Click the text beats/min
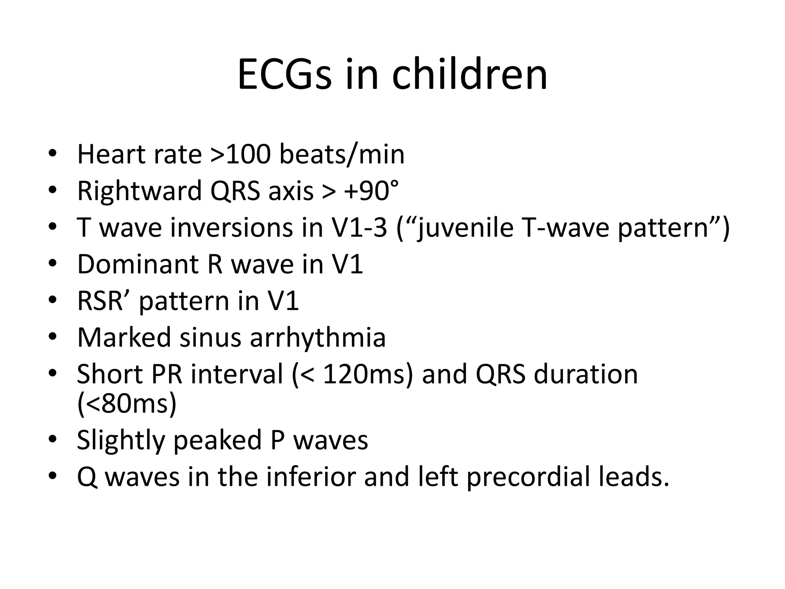pyautogui.click(x=342, y=154)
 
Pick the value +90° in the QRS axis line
pyautogui.click(x=371, y=191)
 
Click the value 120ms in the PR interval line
pyautogui.click(x=364, y=374)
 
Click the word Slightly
pyautogui.click(x=121, y=440)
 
